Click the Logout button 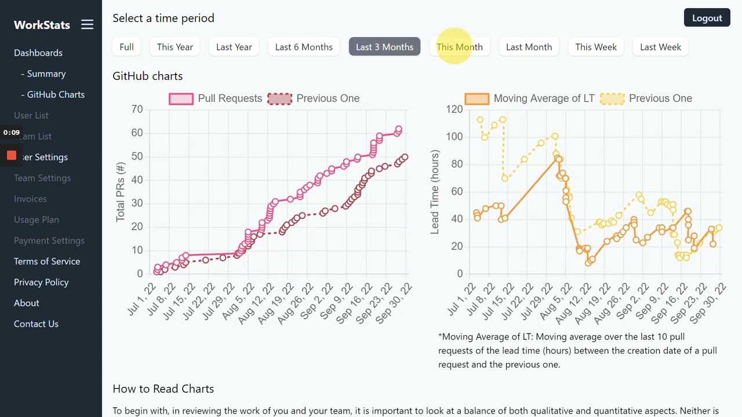point(707,18)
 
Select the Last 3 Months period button point(384,47)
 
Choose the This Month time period point(459,47)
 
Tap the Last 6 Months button point(304,47)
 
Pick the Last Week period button point(660,47)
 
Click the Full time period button point(126,47)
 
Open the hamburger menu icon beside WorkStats point(87,24)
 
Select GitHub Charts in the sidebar point(56,94)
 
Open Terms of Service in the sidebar point(47,261)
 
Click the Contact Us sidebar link point(36,324)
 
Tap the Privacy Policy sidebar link point(41,282)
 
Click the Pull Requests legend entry point(216,98)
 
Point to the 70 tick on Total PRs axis point(137,109)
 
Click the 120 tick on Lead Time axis point(454,109)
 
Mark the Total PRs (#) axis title point(121,192)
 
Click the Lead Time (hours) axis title point(435,192)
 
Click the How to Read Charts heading point(163,389)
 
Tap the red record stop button point(12,155)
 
